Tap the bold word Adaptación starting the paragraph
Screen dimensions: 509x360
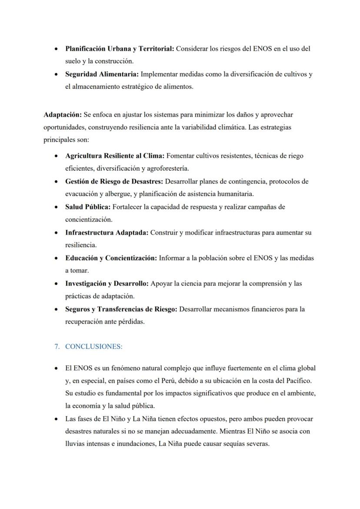(62, 115)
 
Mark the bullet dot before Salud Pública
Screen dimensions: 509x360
(56, 207)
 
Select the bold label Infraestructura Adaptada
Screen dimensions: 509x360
(107, 233)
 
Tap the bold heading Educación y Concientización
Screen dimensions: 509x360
(111, 258)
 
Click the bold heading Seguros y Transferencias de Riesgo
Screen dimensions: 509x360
(121, 309)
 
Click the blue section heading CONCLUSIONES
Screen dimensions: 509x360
(94, 347)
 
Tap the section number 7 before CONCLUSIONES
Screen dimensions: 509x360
(57, 347)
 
